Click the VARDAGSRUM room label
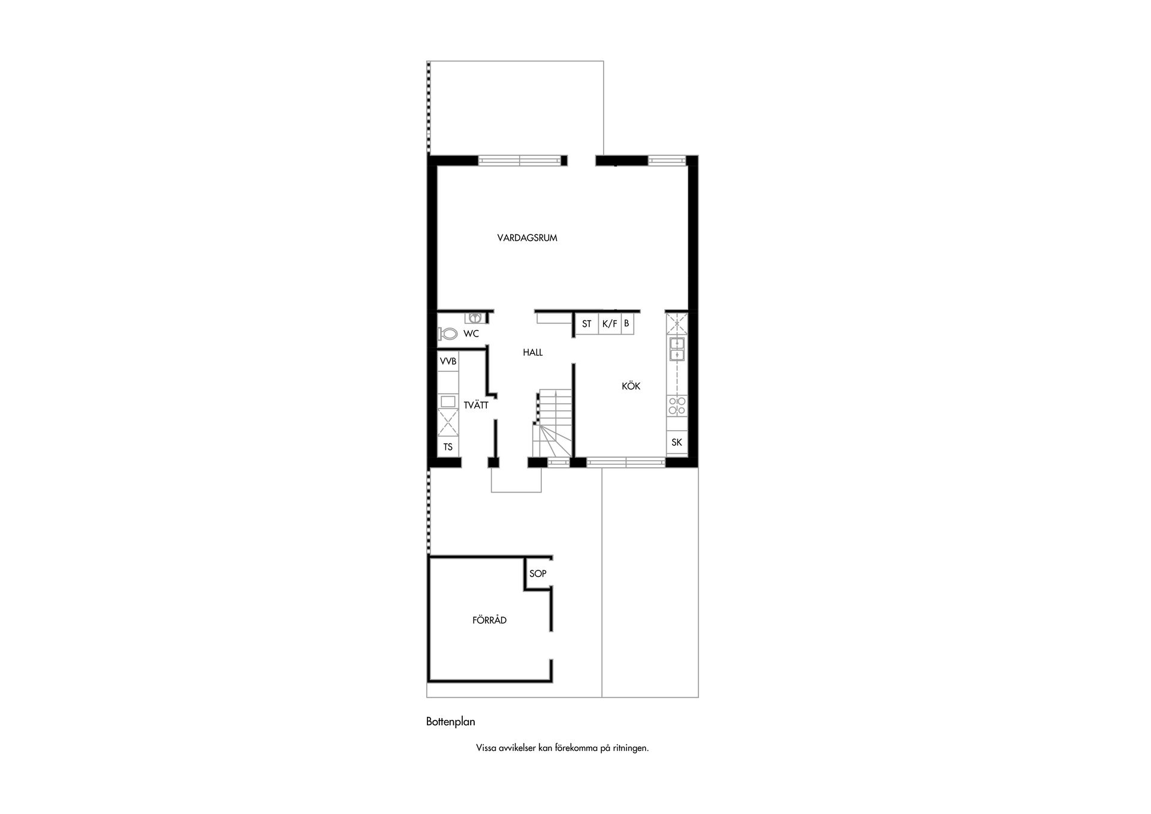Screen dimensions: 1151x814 point(527,238)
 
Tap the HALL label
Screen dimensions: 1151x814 point(532,353)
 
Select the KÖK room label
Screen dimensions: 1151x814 point(631,386)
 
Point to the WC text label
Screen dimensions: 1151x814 point(471,334)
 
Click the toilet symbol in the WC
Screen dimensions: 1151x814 point(448,334)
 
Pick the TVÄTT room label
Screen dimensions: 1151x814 point(476,405)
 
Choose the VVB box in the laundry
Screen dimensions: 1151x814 point(448,362)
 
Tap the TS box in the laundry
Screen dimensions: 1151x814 point(448,447)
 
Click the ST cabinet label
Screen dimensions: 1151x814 point(586,324)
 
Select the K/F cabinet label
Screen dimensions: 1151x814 point(610,324)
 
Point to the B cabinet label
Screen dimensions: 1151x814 point(626,324)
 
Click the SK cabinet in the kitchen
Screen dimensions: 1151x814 point(677,443)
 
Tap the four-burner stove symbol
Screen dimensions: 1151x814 point(677,406)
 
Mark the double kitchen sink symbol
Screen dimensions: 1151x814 point(677,349)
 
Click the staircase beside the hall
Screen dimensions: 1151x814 point(553,423)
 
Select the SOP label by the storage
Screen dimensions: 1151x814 point(538,573)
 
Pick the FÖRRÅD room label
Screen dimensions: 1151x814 point(489,620)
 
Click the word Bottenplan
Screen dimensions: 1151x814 point(451,722)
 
